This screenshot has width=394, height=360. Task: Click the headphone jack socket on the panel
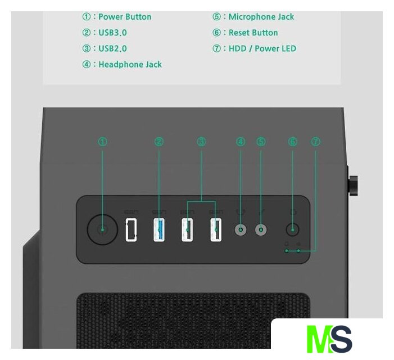point(241,229)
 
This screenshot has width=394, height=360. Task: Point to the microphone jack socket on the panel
point(261,229)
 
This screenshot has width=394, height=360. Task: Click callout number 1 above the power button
point(102,142)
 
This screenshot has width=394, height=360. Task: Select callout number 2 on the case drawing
point(159,142)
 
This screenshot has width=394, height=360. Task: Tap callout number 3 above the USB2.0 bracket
point(201,142)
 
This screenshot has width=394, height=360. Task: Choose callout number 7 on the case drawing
point(315,142)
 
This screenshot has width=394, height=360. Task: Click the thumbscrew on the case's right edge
point(354,184)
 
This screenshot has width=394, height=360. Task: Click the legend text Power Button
point(125,17)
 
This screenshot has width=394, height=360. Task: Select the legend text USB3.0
point(112,33)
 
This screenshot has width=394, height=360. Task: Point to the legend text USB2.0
point(112,48)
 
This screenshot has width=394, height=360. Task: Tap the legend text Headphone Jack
point(130,64)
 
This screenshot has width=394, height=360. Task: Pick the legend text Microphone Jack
point(261,17)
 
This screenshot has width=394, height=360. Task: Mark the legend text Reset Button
point(253,33)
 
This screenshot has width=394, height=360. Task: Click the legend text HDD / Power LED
point(262,48)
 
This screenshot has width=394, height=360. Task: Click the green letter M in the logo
point(319,339)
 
